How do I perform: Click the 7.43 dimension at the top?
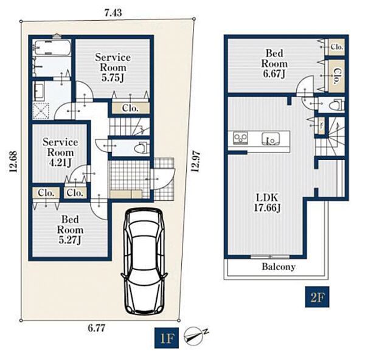coord(113,13)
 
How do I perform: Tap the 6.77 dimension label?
coord(97,328)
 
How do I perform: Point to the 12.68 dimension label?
coord(13,162)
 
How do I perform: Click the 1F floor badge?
coord(167,338)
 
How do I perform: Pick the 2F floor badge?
coord(318,297)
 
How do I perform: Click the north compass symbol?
coord(195,336)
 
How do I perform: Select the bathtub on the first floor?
coord(52,47)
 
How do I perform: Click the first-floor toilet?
coord(142,148)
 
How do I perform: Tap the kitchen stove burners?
coord(240,138)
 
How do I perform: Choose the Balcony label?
coord(279,267)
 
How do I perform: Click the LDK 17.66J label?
coord(267,203)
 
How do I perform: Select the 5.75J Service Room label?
coord(113,67)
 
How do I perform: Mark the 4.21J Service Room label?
coord(60,153)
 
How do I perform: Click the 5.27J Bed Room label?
coord(70,230)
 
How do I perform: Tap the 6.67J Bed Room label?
coord(274,63)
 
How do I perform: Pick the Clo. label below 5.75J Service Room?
coord(130,108)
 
